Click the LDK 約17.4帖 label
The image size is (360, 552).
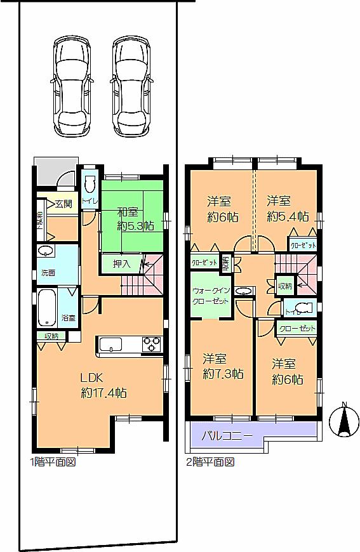pos(103,385)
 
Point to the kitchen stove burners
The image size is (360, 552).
pos(152,345)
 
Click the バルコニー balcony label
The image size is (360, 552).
pos(227,437)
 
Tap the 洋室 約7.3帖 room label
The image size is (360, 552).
pos(222,366)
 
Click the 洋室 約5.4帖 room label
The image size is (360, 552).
pos(287,209)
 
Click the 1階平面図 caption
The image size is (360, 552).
pos(53,463)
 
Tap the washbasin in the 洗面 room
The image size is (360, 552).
pos(45,251)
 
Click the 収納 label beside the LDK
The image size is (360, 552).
pos(51,336)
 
